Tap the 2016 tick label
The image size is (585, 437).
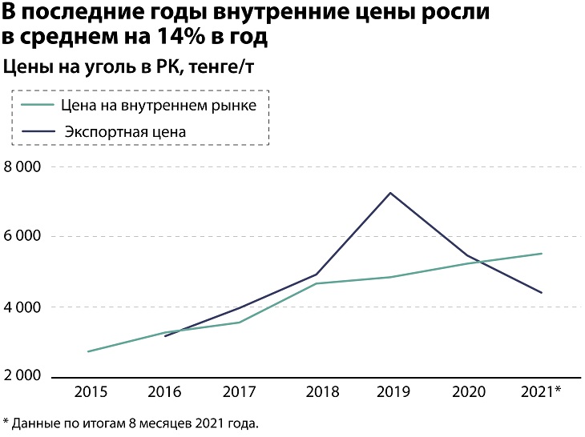pyautogui.click(x=165, y=392)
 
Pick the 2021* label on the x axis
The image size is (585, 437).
pyautogui.click(x=542, y=392)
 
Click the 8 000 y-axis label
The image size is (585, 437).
pyautogui.click(x=23, y=167)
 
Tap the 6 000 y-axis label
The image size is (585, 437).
pyautogui.click(x=23, y=237)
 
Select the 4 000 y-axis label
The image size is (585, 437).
pyautogui.click(x=23, y=307)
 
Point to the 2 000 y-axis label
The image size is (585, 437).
pyautogui.click(x=23, y=376)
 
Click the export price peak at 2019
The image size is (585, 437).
pyautogui.click(x=390, y=193)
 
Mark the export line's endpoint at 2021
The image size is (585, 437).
pyautogui.click(x=542, y=293)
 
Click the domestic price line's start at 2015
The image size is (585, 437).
pyautogui.click(x=88, y=351)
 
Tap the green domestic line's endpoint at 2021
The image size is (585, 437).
pyautogui.click(x=542, y=254)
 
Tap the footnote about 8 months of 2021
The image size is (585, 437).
pyautogui.click(x=131, y=422)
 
